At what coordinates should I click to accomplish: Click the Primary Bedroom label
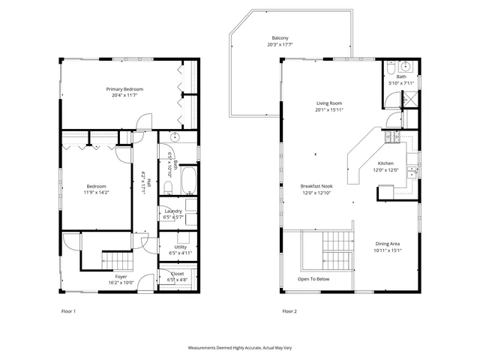[124, 89]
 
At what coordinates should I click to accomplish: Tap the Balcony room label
[280, 38]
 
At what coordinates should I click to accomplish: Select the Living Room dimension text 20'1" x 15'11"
[328, 110]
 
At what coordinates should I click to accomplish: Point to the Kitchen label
[385, 163]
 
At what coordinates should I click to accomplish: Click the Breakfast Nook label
[316, 186]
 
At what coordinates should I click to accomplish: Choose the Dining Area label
[388, 244]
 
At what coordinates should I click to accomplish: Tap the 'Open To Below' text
[313, 279]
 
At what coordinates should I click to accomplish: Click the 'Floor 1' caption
[68, 310]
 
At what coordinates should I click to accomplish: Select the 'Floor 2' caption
[289, 310]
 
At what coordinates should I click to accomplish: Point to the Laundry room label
[173, 211]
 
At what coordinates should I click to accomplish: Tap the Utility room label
[180, 247]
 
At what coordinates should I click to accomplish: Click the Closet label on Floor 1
[177, 274]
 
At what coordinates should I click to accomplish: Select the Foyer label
[121, 277]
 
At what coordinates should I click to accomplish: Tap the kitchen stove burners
[391, 137]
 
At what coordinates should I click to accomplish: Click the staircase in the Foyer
[117, 260]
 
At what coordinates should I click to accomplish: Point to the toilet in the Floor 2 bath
[392, 70]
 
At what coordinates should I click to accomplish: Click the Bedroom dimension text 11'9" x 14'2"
[96, 192]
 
